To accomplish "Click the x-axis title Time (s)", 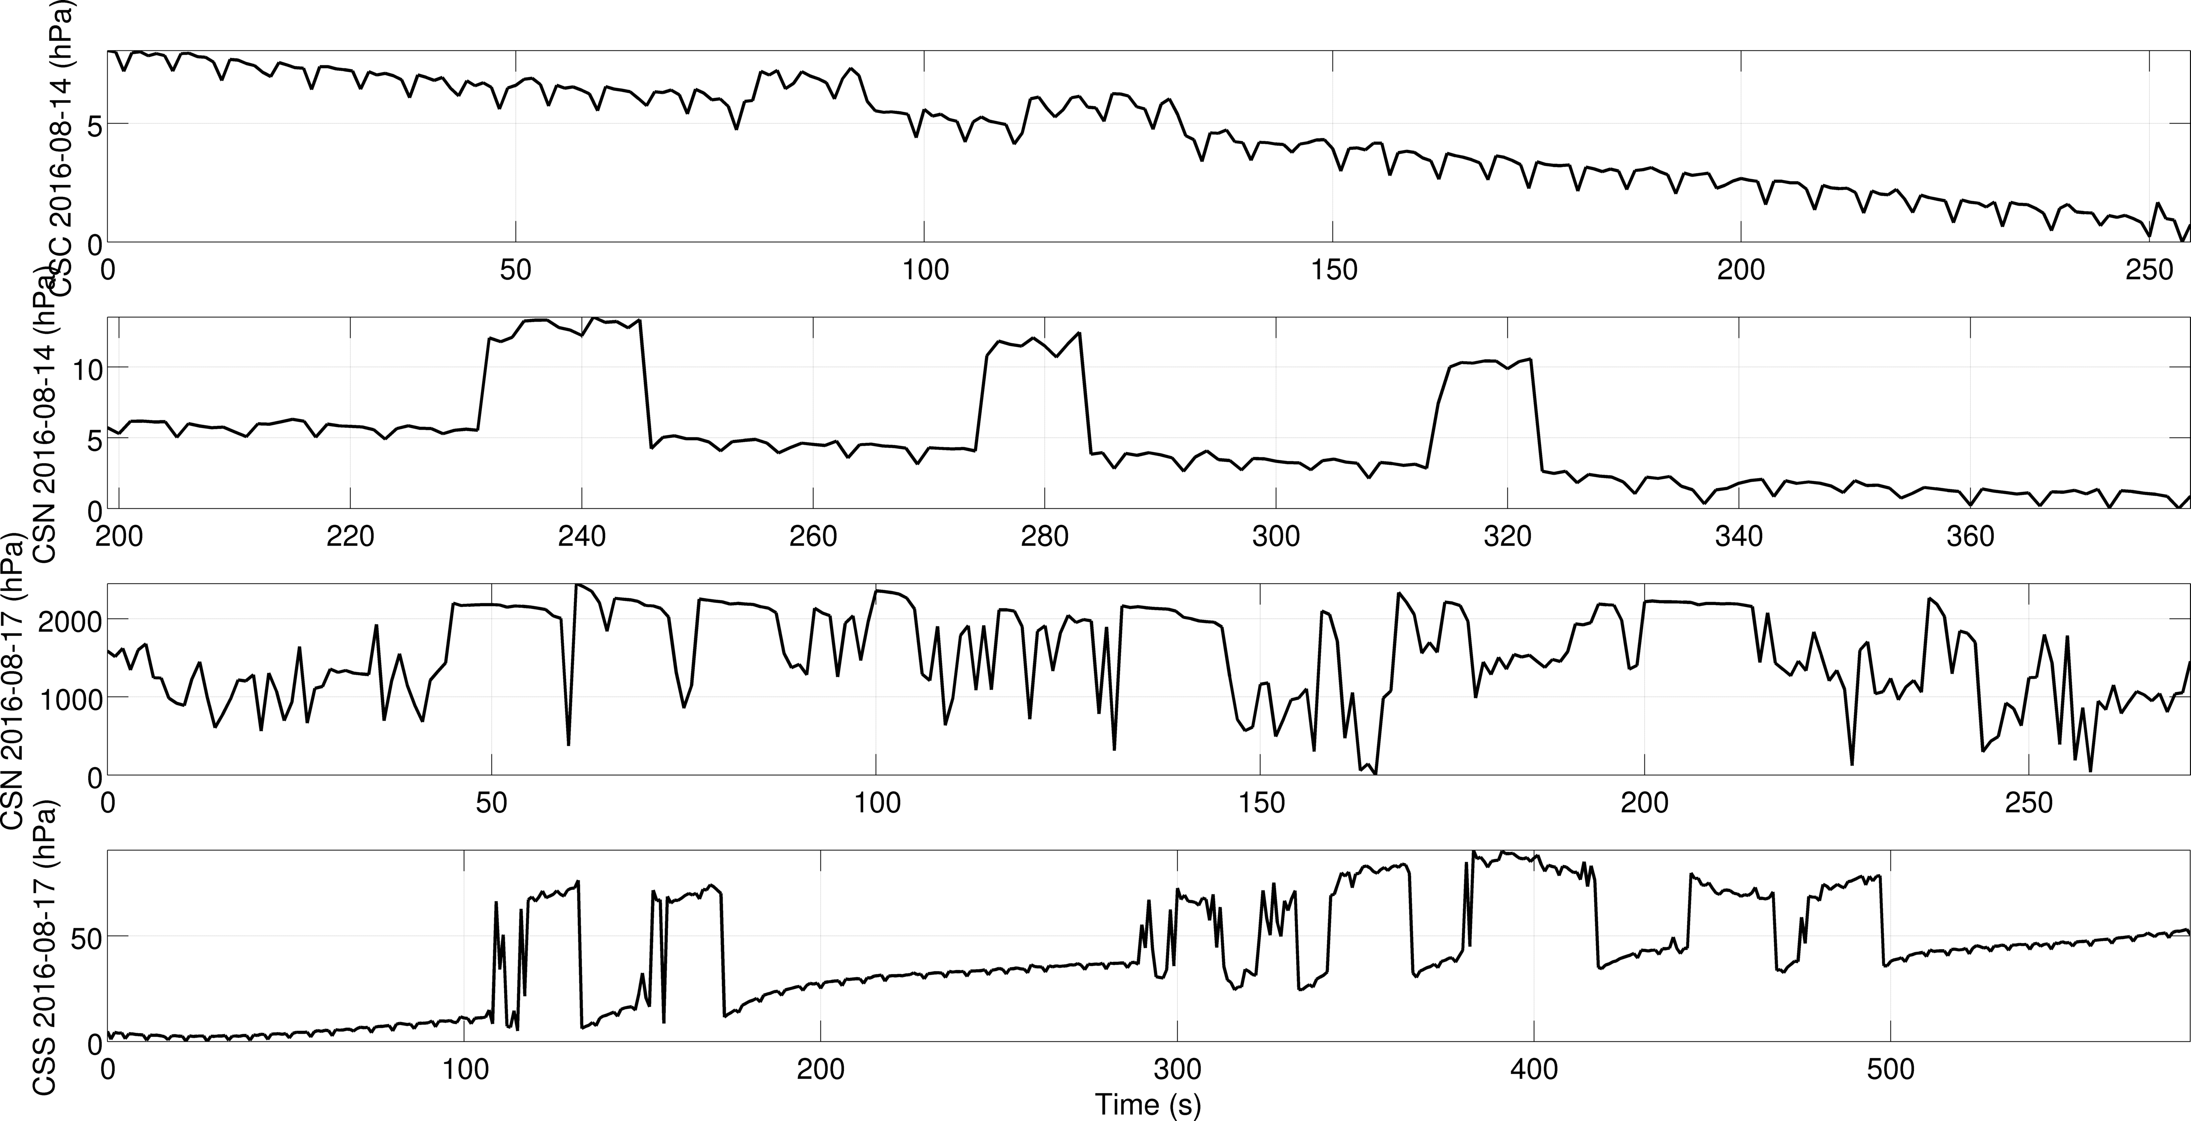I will (x=1147, y=1104).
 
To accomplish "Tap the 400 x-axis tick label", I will (x=1533, y=1068).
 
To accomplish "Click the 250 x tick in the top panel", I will (x=2149, y=271).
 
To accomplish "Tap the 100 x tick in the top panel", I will (x=925, y=271).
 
